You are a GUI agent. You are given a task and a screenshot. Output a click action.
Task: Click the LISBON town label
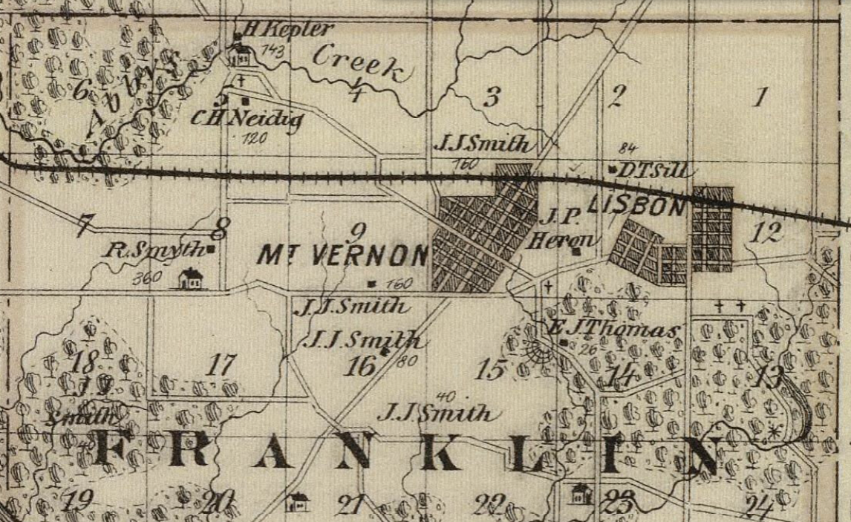point(636,207)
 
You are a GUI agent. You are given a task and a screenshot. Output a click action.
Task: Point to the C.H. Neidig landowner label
point(246,117)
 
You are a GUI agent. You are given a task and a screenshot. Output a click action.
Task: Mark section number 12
point(766,233)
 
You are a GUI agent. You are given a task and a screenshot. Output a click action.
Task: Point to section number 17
point(221,365)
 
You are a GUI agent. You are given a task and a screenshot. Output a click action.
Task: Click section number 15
point(491,369)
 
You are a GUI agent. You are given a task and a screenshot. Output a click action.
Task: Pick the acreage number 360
point(147,279)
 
